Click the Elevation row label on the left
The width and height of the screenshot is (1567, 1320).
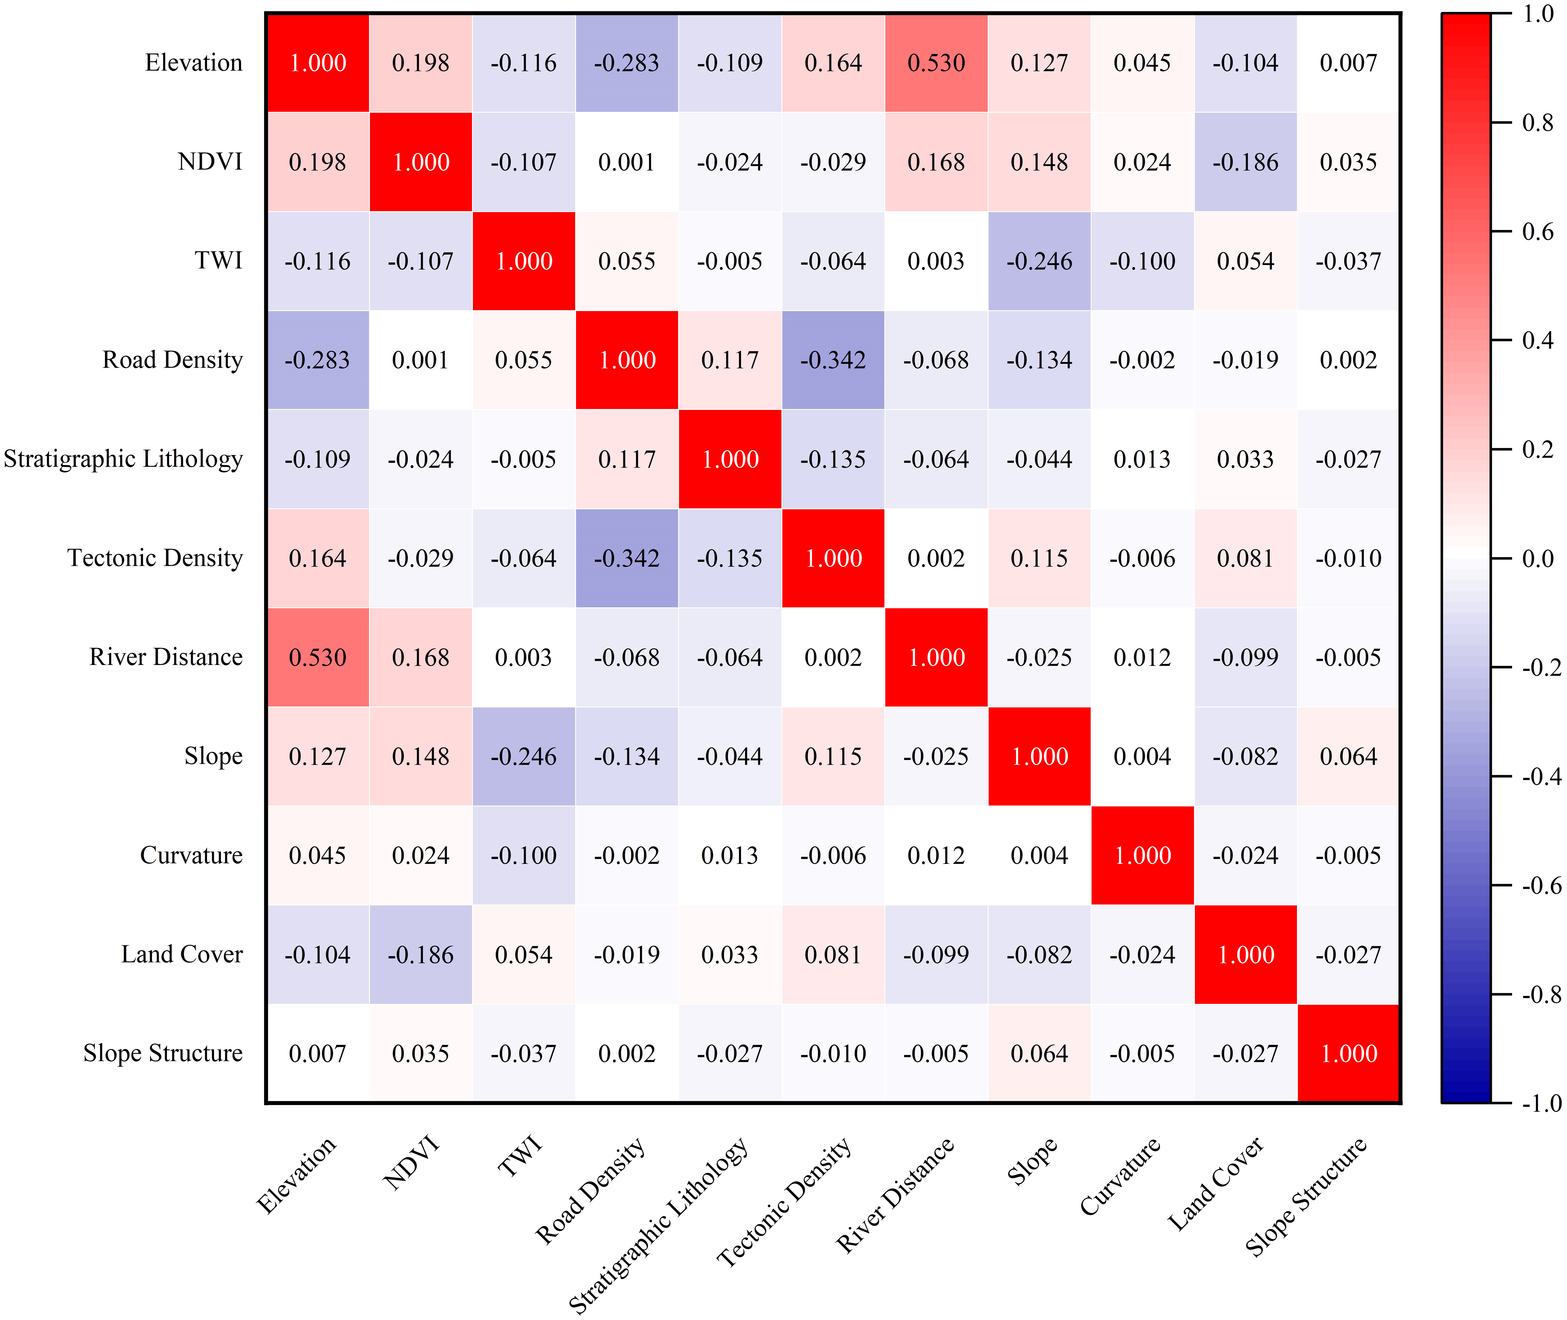point(194,63)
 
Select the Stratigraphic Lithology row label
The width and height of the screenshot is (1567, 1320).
point(124,459)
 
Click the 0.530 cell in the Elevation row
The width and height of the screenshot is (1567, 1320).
point(936,63)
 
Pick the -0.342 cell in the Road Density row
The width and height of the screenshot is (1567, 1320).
point(833,360)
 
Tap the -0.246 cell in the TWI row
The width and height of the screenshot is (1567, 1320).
point(1039,261)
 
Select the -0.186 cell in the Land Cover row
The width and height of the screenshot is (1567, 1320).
point(421,955)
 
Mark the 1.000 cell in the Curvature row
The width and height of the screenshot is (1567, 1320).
point(1143,855)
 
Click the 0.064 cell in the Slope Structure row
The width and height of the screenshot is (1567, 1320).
point(1039,1054)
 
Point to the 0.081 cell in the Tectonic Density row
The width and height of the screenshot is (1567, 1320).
point(1245,558)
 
